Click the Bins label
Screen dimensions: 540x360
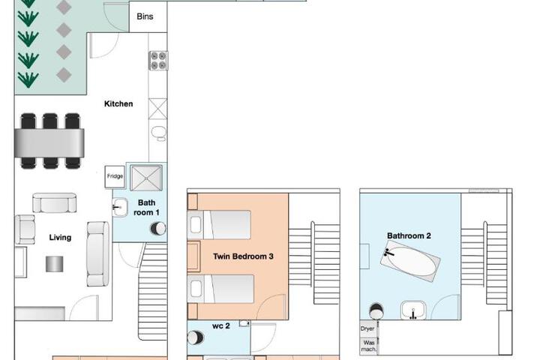click(x=145, y=16)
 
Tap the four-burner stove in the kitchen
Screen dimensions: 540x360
click(x=158, y=61)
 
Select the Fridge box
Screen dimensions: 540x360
click(x=115, y=177)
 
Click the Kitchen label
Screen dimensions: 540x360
click(x=118, y=103)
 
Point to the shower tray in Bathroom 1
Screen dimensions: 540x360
click(x=146, y=178)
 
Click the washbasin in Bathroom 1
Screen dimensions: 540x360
click(x=119, y=208)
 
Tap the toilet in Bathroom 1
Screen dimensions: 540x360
click(x=158, y=229)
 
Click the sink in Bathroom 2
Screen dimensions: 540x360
click(x=413, y=310)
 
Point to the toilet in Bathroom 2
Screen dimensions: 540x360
click(x=376, y=311)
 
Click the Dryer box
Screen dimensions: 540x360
click(x=368, y=328)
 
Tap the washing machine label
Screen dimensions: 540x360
click(x=368, y=346)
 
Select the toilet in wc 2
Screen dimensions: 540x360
click(x=195, y=337)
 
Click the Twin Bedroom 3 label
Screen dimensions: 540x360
click(x=243, y=256)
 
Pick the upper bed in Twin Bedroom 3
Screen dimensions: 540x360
click(x=219, y=224)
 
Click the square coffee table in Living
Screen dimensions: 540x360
click(x=55, y=264)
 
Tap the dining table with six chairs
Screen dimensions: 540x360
click(x=49, y=141)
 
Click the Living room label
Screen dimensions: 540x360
click(x=60, y=237)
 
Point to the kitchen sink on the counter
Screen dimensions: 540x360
click(x=158, y=133)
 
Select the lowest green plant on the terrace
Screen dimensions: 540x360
click(x=28, y=79)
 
